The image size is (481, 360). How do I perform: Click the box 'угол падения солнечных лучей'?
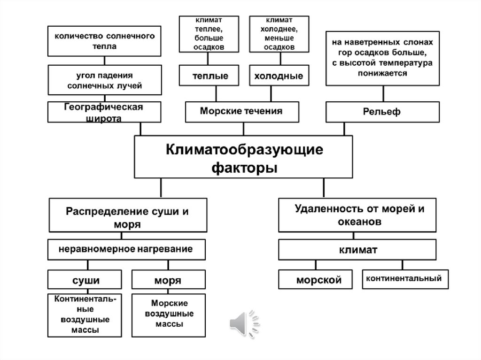coord(104,80)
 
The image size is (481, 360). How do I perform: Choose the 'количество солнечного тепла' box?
coord(104,41)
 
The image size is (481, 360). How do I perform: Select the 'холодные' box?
coord(279,76)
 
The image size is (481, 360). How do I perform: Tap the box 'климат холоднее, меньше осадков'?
coord(279,33)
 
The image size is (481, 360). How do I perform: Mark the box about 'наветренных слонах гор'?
coord(382,58)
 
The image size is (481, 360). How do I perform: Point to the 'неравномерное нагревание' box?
coord(125,249)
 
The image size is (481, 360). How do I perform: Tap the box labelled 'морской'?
coord(318,280)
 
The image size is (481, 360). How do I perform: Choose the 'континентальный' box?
coord(404,278)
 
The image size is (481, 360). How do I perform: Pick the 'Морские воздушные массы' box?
coord(170,314)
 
